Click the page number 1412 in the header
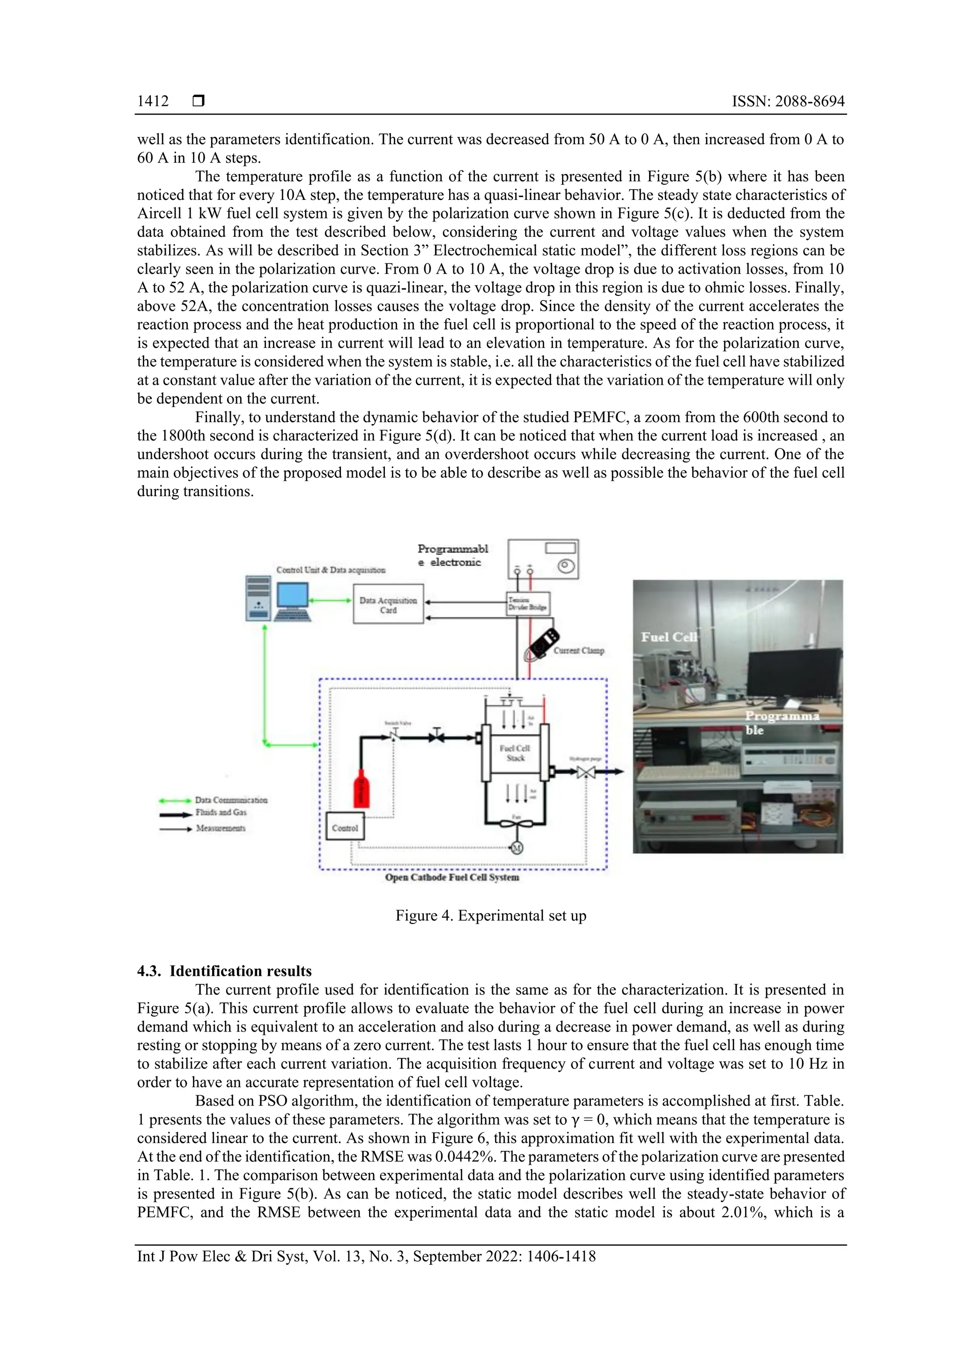(153, 102)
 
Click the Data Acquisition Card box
(388, 604)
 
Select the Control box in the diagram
(345, 828)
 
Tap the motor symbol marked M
(516, 848)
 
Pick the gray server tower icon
(258, 598)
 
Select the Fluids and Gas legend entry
(221, 813)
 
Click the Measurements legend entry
(220, 828)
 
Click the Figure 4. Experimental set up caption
(490, 916)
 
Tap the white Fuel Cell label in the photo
(669, 637)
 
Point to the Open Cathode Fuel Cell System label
(452, 877)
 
